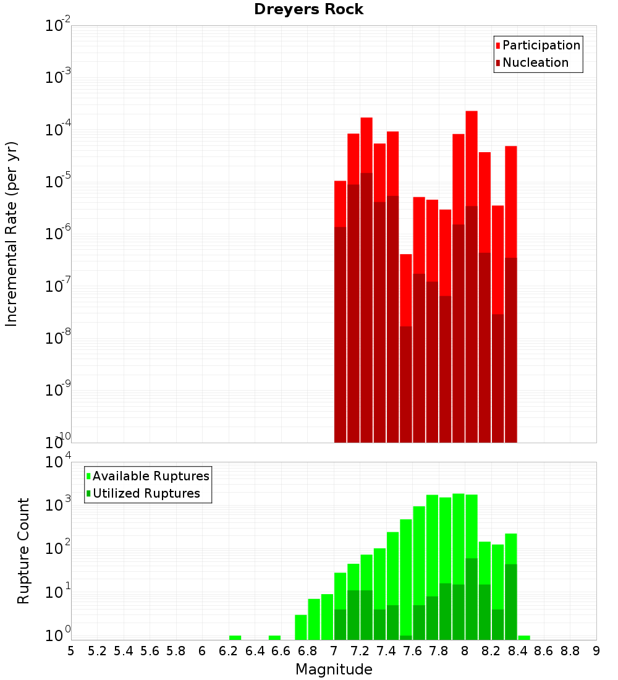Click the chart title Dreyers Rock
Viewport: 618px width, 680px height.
click(x=308, y=9)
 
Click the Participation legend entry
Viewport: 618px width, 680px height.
click(x=541, y=45)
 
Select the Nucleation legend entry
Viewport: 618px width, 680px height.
click(x=535, y=62)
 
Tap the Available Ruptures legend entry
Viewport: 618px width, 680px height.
click(x=151, y=476)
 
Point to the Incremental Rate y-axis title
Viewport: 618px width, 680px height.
click(x=12, y=234)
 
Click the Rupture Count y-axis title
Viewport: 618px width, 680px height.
click(x=23, y=551)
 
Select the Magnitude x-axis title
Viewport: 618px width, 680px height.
click(x=334, y=669)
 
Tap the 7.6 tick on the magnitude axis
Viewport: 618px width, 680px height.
click(x=412, y=651)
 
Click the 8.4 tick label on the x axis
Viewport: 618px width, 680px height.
click(x=517, y=651)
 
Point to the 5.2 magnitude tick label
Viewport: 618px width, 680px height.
click(x=97, y=651)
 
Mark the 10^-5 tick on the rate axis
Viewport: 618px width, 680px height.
click(x=57, y=182)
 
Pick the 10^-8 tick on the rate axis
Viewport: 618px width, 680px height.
click(x=57, y=338)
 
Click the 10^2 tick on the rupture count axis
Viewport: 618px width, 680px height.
click(x=57, y=549)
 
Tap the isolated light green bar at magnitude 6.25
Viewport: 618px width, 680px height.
click(x=235, y=637)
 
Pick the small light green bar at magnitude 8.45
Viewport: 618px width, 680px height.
click(x=524, y=637)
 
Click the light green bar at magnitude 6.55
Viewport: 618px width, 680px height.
click(x=274, y=637)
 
